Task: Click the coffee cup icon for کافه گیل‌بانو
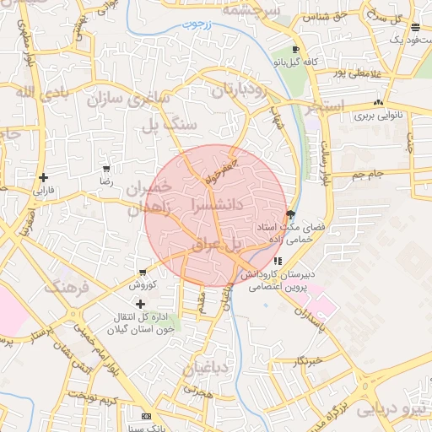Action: [295, 50]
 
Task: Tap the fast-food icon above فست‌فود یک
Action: [415, 27]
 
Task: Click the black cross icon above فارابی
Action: [42, 177]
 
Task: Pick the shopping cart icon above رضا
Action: [105, 169]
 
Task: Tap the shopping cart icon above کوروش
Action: [142, 273]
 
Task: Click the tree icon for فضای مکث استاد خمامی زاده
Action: [291, 214]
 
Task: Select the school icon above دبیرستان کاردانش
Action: [277, 261]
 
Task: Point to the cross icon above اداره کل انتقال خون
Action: [140, 303]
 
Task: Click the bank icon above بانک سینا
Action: [147, 417]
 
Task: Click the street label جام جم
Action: [368, 175]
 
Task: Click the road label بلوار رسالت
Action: [326, 162]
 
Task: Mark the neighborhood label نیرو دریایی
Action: [392, 409]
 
